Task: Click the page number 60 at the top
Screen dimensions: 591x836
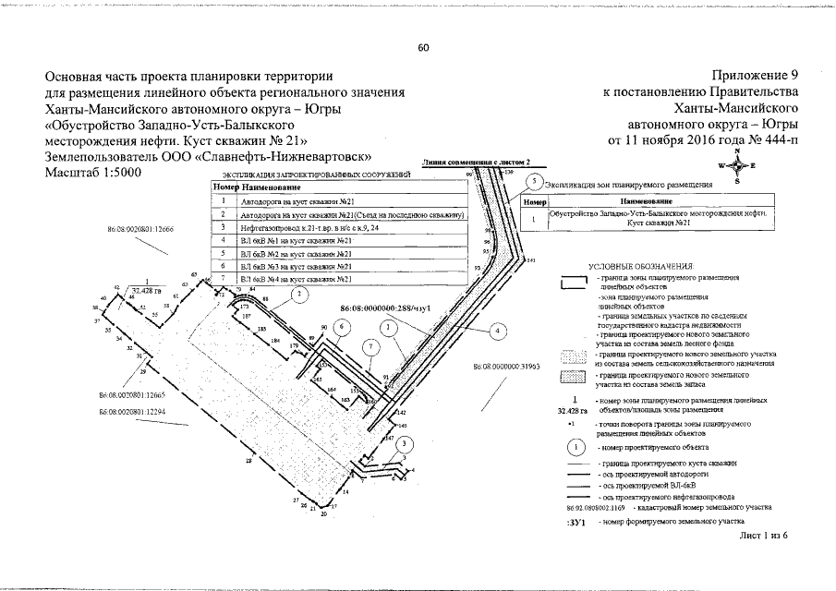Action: click(x=423, y=47)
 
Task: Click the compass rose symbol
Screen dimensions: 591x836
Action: click(x=737, y=165)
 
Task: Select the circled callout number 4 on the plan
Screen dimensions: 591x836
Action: click(x=497, y=330)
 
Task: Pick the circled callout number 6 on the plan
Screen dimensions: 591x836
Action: click(x=341, y=326)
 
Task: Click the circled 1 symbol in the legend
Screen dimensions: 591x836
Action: click(x=574, y=447)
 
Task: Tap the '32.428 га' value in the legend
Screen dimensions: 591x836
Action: click(x=573, y=408)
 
